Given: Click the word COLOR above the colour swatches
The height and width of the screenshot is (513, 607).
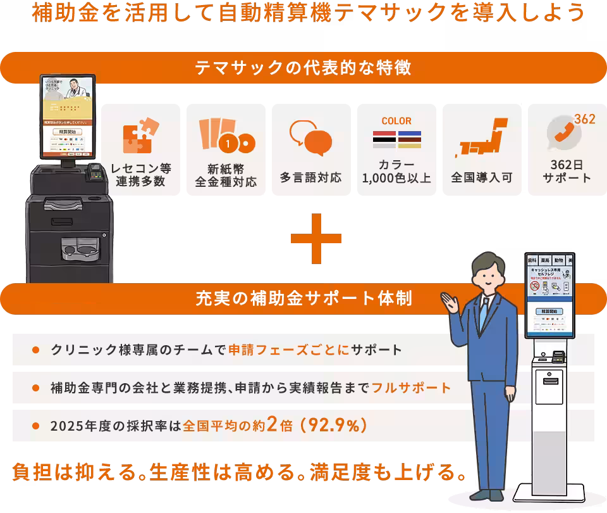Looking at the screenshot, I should pyautogui.click(x=396, y=120).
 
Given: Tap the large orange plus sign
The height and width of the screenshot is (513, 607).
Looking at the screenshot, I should pyautogui.click(x=316, y=238).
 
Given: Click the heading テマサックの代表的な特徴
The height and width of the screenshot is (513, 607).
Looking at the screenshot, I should pyautogui.click(x=303, y=68).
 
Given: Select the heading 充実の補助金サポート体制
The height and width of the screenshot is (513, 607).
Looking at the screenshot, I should pyautogui.click(x=303, y=298).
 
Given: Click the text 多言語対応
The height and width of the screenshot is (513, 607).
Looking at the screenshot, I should pyautogui.click(x=311, y=178).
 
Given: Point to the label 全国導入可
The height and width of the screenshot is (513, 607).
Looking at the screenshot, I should pyautogui.click(x=482, y=178).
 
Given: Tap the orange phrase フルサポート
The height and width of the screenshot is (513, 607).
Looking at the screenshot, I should pyautogui.click(x=411, y=387).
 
